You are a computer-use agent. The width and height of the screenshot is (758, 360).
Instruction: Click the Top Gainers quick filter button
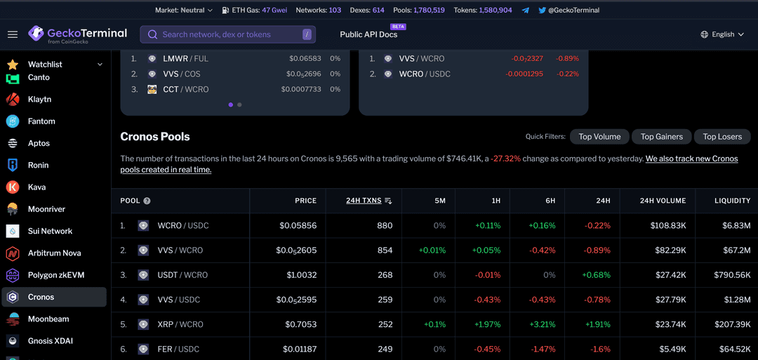(x=662, y=137)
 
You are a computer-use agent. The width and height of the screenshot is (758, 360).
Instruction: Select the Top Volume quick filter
(x=599, y=137)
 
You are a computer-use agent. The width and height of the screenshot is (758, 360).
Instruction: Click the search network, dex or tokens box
(x=228, y=34)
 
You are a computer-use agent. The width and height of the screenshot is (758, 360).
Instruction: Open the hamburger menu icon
(x=13, y=34)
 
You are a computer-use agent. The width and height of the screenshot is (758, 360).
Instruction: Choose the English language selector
(x=722, y=34)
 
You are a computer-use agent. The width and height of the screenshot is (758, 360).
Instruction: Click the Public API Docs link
(x=368, y=34)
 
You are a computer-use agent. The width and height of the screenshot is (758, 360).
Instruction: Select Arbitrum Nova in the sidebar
(x=54, y=253)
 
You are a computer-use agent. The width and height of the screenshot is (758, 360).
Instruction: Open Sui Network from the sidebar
(x=50, y=231)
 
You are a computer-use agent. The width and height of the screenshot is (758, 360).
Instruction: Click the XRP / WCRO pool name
(x=180, y=324)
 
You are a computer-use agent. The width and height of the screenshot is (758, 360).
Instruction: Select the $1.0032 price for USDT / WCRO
(x=301, y=275)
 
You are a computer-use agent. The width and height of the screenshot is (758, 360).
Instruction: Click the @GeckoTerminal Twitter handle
(x=573, y=11)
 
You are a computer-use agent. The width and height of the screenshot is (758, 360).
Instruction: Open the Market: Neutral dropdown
(x=184, y=11)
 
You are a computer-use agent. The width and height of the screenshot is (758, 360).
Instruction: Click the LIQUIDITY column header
(x=732, y=201)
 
